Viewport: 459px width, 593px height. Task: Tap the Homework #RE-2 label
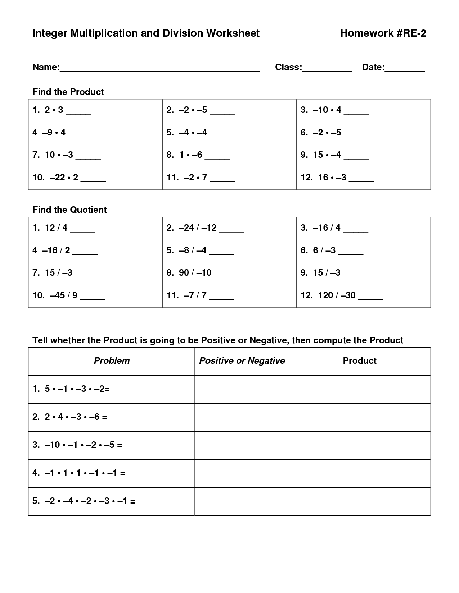[383, 33]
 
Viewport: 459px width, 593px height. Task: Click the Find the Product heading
[68, 92]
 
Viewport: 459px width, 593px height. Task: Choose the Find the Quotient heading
[69, 210]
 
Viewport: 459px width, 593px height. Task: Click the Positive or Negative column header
[242, 361]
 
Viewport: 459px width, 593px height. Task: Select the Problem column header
[112, 361]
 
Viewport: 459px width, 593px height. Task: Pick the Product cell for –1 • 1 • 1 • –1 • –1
[359, 473]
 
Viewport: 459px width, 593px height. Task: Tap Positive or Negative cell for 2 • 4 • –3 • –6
[242, 417]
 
